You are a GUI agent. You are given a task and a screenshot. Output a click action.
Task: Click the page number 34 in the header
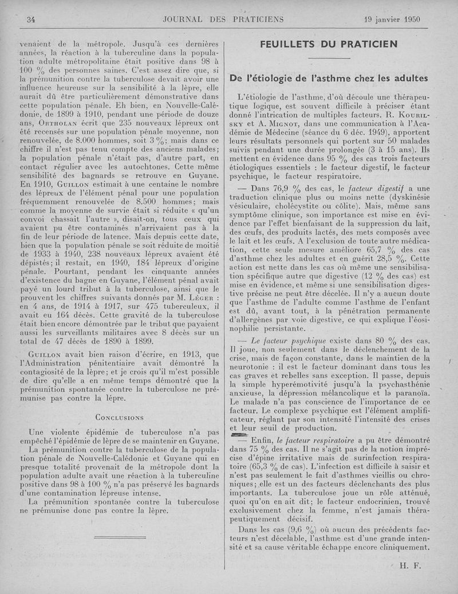pos(31,19)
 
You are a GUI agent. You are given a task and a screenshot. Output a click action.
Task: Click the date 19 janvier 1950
pos(392,19)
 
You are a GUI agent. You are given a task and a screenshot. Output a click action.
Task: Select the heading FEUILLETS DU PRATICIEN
pos(329,44)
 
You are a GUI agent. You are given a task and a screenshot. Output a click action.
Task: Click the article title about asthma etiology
pos(329,78)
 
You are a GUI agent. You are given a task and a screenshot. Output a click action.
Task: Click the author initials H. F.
pos(410,565)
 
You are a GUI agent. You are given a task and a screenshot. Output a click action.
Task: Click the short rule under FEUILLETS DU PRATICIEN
pos(329,58)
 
